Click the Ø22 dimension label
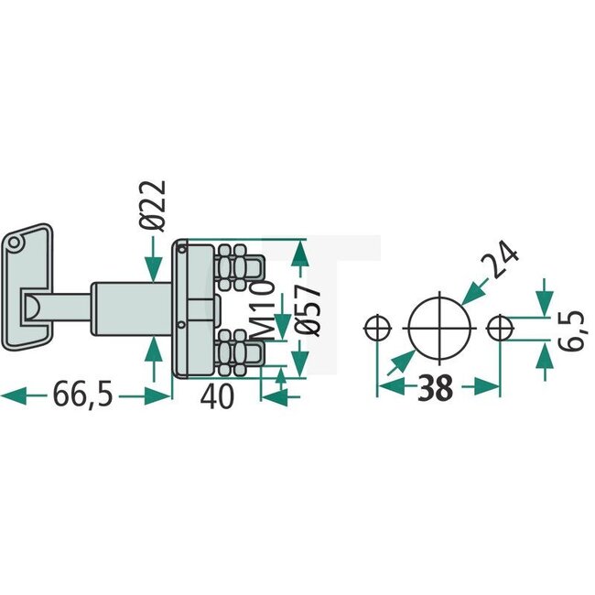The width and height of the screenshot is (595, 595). tap(155, 205)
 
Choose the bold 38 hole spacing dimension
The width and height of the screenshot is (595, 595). tap(438, 388)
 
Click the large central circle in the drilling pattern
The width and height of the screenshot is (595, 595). tap(437, 326)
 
